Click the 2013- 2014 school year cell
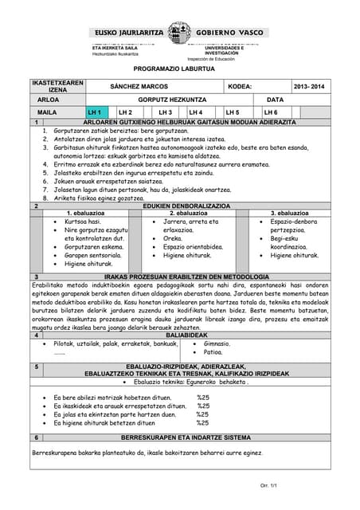pyautogui.click(x=309, y=86)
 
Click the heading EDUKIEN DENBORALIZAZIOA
pyautogui.click(x=186, y=206)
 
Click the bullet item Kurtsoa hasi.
pyautogui.click(x=82, y=222)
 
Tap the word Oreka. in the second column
pyautogui.click(x=173, y=238)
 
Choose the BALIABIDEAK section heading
pyautogui.click(x=186, y=335)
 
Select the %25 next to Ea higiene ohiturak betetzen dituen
pyautogui.click(x=202, y=424)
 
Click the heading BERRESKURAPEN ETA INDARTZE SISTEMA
pyautogui.click(x=186, y=437)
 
